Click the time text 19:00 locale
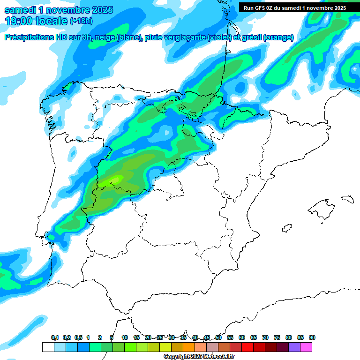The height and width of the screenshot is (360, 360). tap(36, 21)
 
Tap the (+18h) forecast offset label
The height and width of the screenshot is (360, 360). tap(82, 21)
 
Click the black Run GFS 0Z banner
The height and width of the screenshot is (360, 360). tap(294, 7)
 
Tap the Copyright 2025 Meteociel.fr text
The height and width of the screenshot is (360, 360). tap(199, 357)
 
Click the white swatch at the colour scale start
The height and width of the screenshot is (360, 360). tap(48, 347)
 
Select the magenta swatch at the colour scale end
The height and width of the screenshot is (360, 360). tap(306, 347)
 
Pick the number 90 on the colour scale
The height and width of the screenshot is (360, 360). tap(312, 337)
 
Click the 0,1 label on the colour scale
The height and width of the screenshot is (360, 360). tap(55, 337)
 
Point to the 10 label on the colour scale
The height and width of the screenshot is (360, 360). tap(125, 337)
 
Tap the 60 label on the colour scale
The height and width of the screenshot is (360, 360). tap(242, 337)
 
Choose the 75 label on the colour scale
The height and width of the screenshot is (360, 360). tap(277, 337)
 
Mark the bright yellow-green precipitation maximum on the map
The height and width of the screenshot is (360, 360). tap(116, 179)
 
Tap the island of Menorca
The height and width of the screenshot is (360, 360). tap(347, 199)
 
